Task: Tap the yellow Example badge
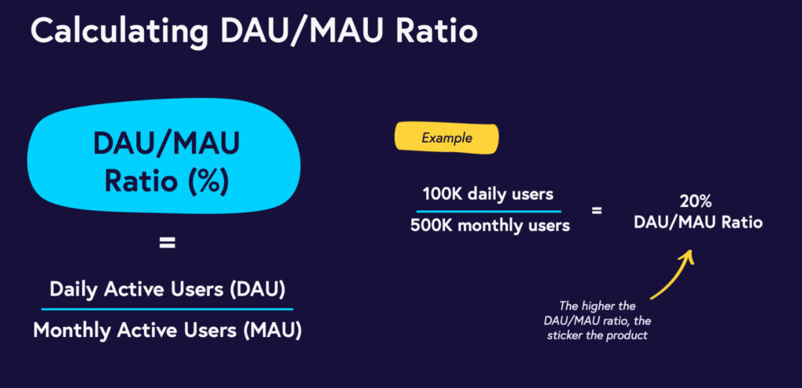pos(446,138)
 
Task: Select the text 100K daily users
pos(488,194)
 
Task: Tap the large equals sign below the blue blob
pos(167,244)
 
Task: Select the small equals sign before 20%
pos(597,210)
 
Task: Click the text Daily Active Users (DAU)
pos(167,288)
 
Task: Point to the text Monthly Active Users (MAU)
pos(167,330)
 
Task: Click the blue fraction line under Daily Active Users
pos(167,309)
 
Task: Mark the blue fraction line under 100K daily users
pos(488,211)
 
